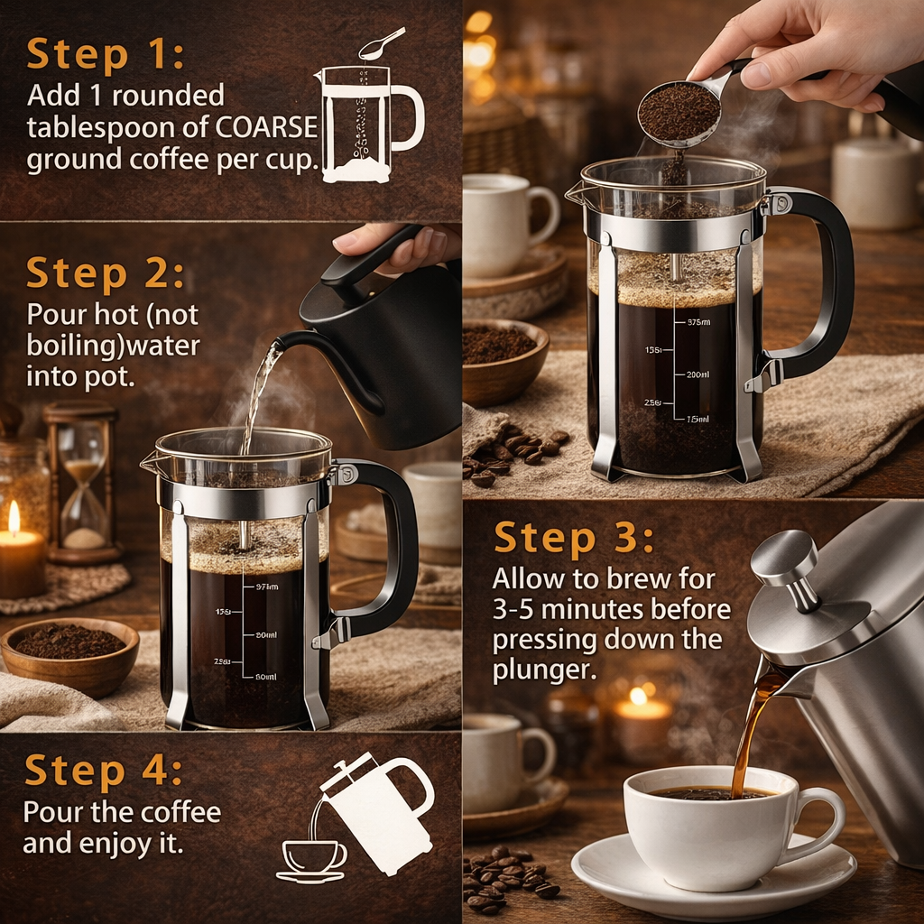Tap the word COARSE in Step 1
(267, 128)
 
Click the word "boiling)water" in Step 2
(113, 346)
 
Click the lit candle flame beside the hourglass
(14, 518)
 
